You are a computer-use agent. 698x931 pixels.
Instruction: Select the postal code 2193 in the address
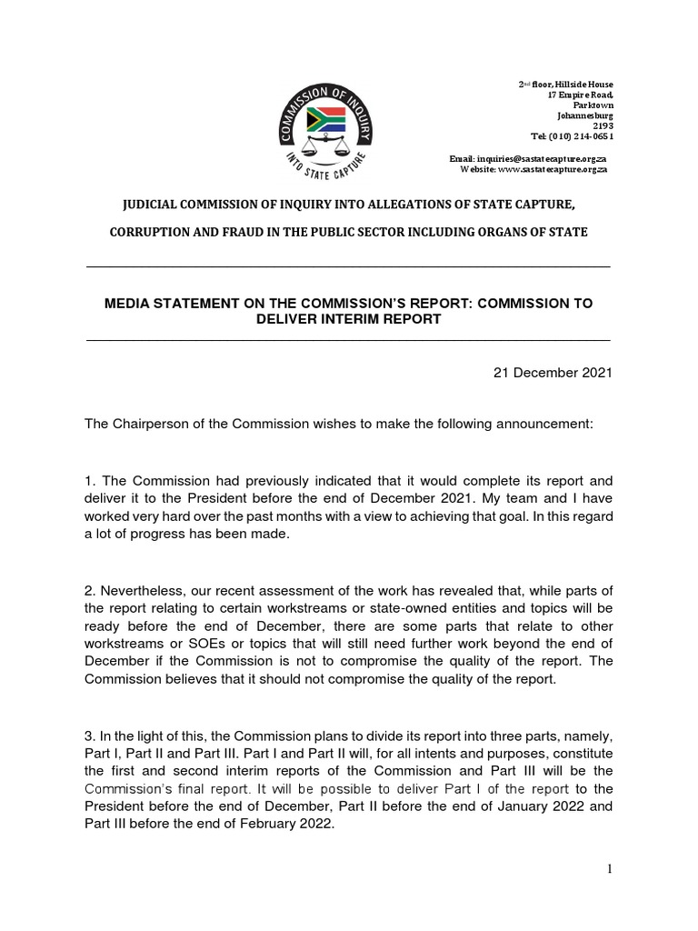point(603,126)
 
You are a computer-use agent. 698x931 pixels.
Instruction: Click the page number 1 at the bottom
point(610,868)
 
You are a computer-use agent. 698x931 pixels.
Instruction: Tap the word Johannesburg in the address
point(584,116)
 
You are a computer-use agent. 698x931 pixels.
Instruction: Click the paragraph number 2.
point(89,592)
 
